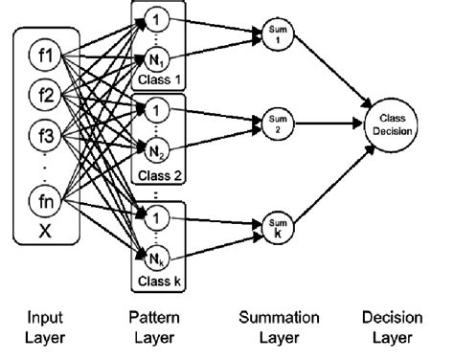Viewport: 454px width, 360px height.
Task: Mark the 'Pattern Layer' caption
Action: [154, 323]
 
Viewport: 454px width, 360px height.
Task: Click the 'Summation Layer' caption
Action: [276, 323]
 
